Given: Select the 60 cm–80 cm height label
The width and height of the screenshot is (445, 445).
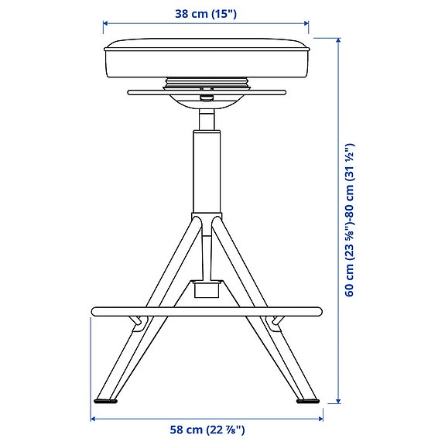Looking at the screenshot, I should point(350,220).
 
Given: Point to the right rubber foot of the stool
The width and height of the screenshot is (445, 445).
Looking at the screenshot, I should point(307,401).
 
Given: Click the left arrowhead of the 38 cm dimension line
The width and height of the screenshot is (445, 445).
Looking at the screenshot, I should point(106,23).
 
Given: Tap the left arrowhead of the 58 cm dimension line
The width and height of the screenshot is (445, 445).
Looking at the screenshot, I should point(94,419).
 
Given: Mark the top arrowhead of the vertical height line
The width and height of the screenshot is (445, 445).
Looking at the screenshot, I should point(338,39).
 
